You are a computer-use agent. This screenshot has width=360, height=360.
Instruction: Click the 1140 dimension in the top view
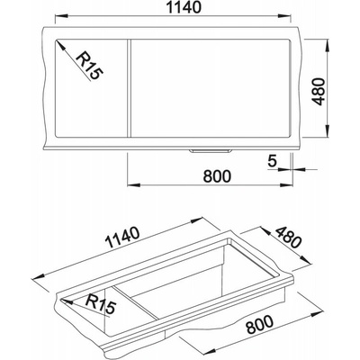click(x=184, y=7)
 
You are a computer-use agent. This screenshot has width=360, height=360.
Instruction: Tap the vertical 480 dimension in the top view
click(x=319, y=92)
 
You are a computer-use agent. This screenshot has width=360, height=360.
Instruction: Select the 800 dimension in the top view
click(x=217, y=176)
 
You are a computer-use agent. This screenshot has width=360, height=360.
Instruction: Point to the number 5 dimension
click(x=272, y=161)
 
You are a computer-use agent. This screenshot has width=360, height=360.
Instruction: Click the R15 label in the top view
click(x=89, y=66)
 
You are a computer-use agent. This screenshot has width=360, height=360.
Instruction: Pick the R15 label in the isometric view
click(x=101, y=304)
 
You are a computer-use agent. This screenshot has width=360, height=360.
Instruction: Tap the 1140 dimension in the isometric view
click(x=123, y=238)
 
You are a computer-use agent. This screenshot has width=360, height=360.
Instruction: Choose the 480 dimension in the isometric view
click(x=288, y=238)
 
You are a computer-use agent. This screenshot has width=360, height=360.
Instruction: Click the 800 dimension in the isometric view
click(x=260, y=325)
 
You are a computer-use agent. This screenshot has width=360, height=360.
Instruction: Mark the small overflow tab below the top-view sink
click(x=210, y=151)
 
